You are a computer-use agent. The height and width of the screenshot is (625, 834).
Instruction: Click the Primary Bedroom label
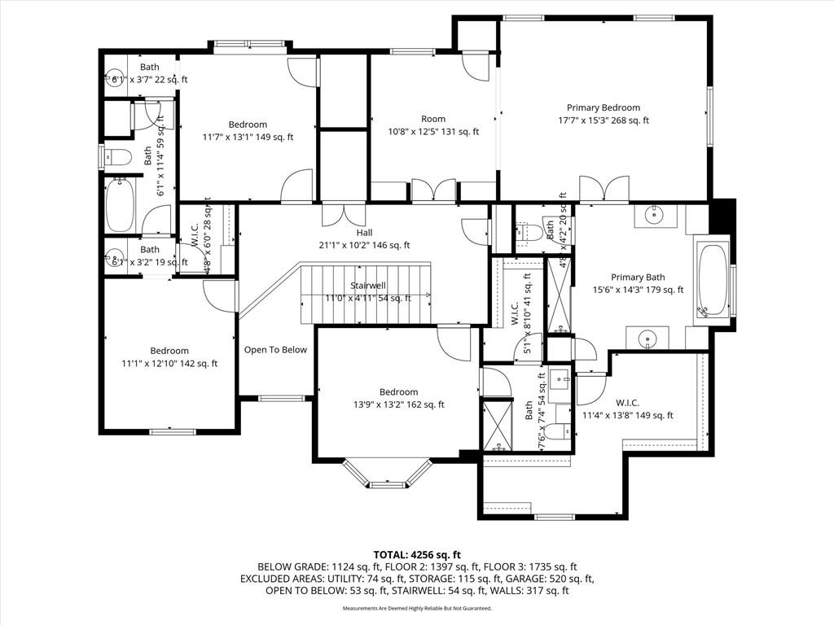(604, 107)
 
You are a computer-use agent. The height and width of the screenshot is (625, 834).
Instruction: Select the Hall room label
(364, 233)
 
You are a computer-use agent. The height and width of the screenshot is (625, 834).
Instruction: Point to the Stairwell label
(368, 286)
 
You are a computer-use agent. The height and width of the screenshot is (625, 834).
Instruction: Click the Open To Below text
(275, 350)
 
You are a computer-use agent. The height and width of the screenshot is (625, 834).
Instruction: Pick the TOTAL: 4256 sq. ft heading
(416, 553)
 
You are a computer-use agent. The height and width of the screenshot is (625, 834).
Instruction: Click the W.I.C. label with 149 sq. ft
(627, 403)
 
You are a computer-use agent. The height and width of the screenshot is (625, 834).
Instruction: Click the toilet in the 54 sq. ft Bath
(557, 431)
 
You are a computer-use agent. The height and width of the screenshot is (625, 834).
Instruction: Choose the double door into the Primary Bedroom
(604, 189)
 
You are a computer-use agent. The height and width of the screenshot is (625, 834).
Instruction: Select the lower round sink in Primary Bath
(647, 337)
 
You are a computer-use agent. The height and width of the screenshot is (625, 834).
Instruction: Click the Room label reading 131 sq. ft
(433, 120)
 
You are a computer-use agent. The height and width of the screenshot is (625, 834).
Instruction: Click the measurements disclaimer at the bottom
(417, 608)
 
